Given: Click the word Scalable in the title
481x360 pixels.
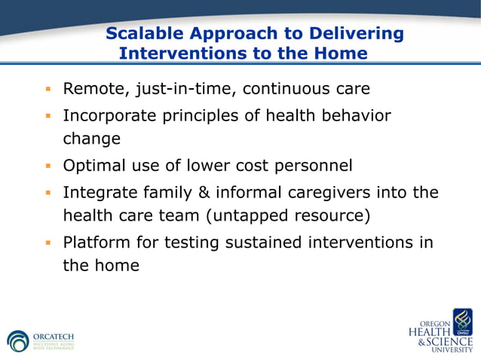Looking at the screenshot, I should point(142,34).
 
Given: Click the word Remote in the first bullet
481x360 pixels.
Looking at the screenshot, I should point(95,89).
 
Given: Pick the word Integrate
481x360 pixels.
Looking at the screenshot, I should point(97,193).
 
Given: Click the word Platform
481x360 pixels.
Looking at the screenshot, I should point(95,243).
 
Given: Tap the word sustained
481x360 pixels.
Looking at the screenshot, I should point(262,243).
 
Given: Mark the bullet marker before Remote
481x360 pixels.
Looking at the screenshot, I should point(47,90).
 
